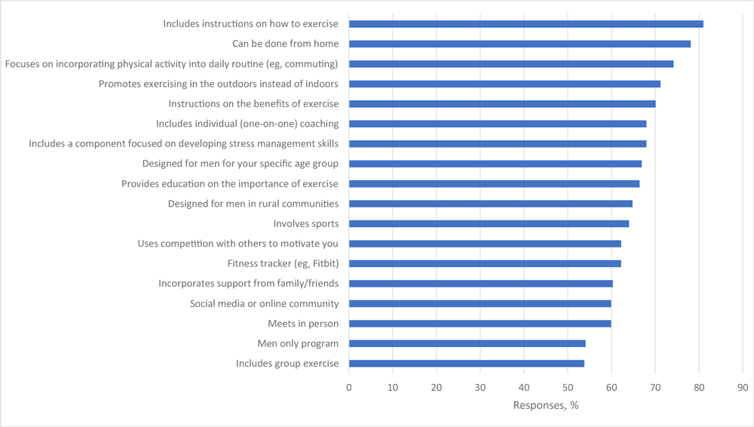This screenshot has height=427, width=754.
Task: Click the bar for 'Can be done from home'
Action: click(520, 44)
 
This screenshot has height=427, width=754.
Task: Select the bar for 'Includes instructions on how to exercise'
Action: click(526, 24)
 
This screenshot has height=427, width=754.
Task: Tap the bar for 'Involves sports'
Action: click(489, 223)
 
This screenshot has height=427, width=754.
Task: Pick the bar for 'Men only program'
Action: click(467, 343)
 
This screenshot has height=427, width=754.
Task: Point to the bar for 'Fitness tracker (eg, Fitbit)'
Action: click(485, 263)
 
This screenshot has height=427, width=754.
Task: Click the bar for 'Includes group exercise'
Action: click(466, 364)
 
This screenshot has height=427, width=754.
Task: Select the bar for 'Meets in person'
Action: click(480, 324)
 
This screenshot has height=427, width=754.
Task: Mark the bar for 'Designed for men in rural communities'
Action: click(490, 204)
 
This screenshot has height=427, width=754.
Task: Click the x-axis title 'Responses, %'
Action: click(546, 405)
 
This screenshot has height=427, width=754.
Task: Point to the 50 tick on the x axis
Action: click(568, 388)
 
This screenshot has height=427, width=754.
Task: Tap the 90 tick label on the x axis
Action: click(743, 388)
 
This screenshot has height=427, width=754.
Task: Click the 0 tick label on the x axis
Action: click(349, 388)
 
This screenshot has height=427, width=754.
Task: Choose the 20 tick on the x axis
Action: click(437, 388)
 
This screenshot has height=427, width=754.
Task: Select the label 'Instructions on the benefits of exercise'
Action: click(253, 104)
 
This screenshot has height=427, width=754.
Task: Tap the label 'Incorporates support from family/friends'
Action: click(248, 284)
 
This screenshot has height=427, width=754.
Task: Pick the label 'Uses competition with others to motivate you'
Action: click(238, 244)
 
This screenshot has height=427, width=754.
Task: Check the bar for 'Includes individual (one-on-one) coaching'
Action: click(498, 124)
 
